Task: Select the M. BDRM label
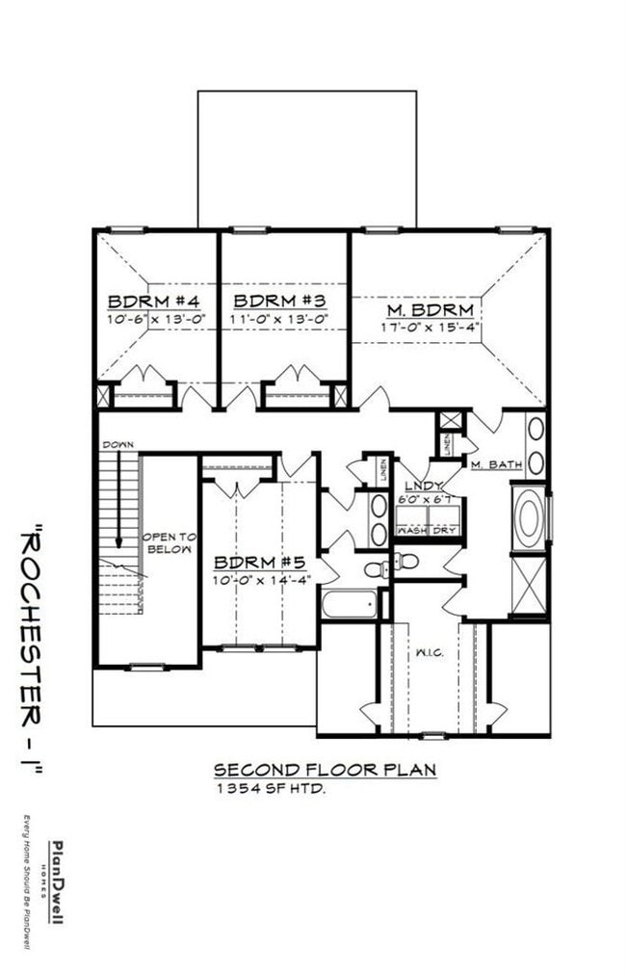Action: (430, 309)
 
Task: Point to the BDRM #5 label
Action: (255, 562)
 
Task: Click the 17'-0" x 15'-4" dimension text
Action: (430, 327)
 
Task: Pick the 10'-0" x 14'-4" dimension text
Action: (255, 579)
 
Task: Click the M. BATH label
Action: (496, 465)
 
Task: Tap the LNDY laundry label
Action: (424, 486)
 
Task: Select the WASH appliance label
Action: (412, 530)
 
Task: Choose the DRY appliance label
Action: (444, 530)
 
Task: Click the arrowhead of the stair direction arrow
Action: (117, 541)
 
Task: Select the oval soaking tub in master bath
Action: (529, 518)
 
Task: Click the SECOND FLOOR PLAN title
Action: (325, 769)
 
